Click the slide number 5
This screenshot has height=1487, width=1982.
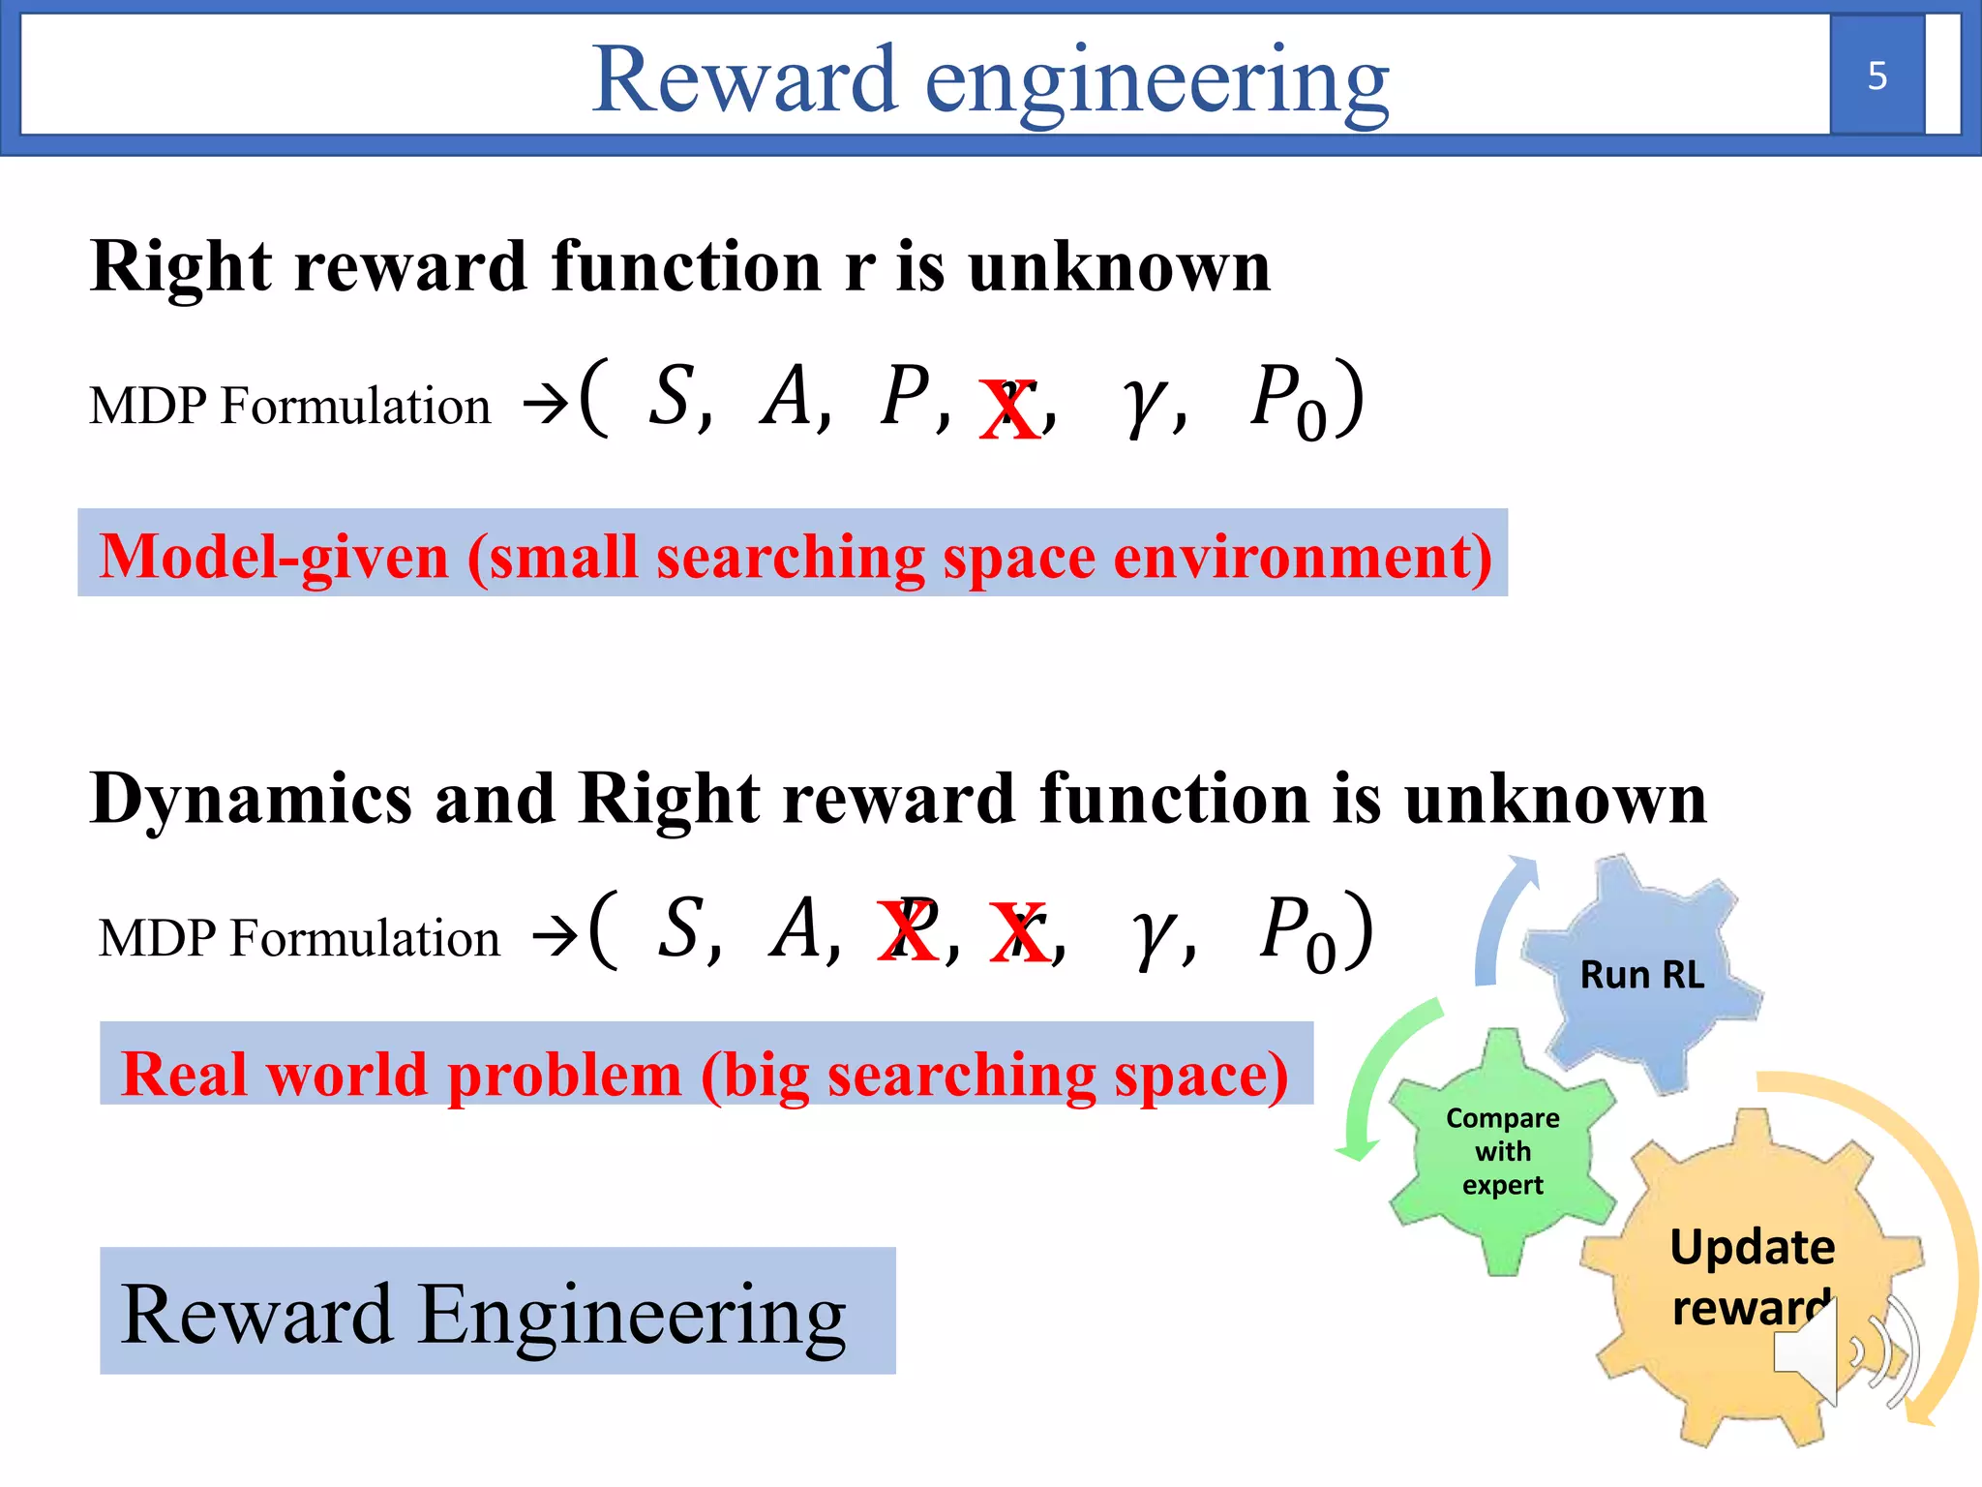pyautogui.click(x=1877, y=76)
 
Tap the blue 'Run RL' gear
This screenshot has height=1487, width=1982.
pyautogui.click(x=1641, y=974)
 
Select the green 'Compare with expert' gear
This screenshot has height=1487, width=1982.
pyautogui.click(x=1502, y=1151)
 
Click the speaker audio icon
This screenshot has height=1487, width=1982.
pyautogui.click(x=1844, y=1351)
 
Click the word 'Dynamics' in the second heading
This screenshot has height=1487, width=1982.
pyautogui.click(x=251, y=800)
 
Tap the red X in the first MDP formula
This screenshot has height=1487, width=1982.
pyautogui.click(x=1009, y=410)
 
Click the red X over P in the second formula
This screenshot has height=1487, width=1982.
pyautogui.click(x=907, y=930)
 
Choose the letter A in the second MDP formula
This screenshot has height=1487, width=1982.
pyautogui.click(x=796, y=928)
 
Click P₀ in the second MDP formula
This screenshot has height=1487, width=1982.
pyautogui.click(x=1297, y=931)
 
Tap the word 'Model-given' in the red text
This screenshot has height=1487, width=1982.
pyautogui.click(x=274, y=557)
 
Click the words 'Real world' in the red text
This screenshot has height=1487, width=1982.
pyautogui.click(x=274, y=1075)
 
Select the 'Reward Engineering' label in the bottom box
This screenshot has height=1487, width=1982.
pyautogui.click(x=483, y=1314)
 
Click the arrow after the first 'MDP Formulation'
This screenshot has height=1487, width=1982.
pyautogui.click(x=544, y=405)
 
